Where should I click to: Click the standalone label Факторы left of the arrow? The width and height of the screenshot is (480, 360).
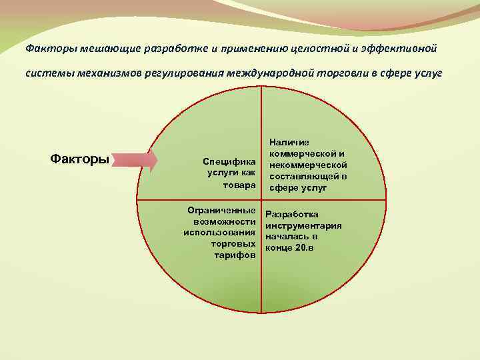[80, 159]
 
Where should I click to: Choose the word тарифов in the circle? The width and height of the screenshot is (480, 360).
[234, 255]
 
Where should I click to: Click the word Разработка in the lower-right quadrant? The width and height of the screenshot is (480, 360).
[292, 215]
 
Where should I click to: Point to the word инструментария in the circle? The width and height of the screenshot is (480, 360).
[303, 225]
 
